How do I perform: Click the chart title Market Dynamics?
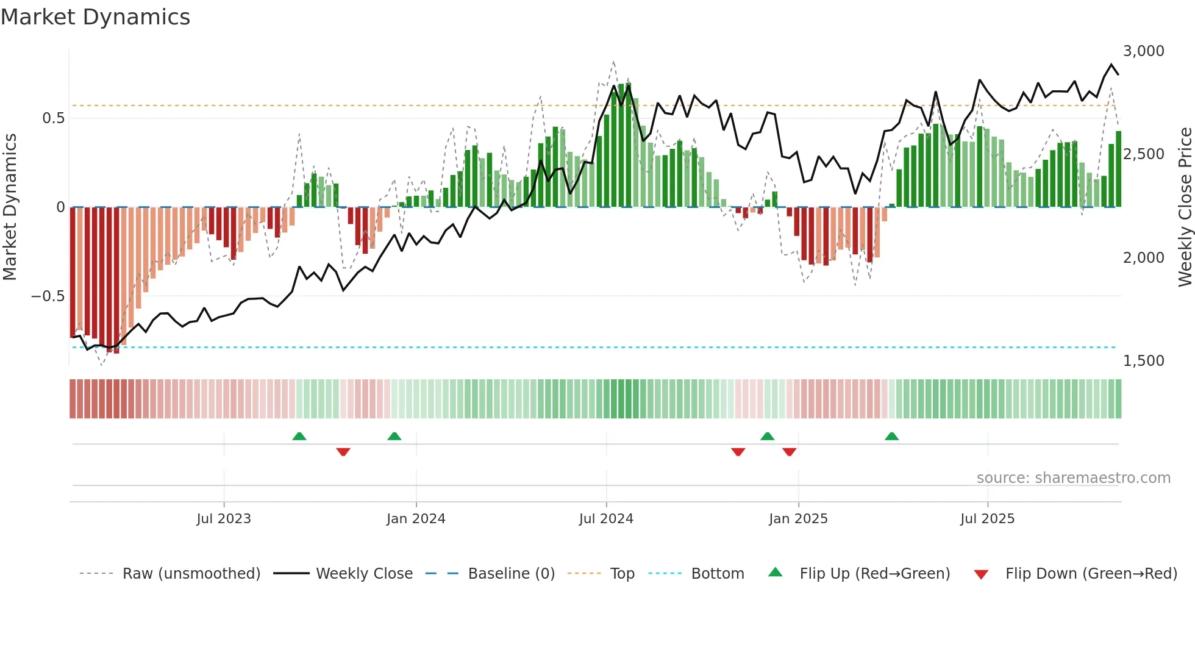tap(95, 17)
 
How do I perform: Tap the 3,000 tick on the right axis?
tap(1143, 51)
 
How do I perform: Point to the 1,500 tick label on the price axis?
tap(1143, 361)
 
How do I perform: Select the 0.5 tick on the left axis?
tap(53, 118)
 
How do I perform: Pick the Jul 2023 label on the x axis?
tap(223, 519)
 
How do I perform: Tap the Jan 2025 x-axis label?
tap(798, 519)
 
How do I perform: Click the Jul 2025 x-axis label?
tap(987, 519)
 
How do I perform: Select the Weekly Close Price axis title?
tap(1185, 207)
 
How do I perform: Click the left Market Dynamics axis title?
tap(10, 207)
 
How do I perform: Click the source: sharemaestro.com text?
tap(1073, 478)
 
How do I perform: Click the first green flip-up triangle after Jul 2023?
tap(299, 437)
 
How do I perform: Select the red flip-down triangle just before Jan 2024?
tap(343, 452)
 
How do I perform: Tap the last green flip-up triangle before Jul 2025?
tap(891, 437)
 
